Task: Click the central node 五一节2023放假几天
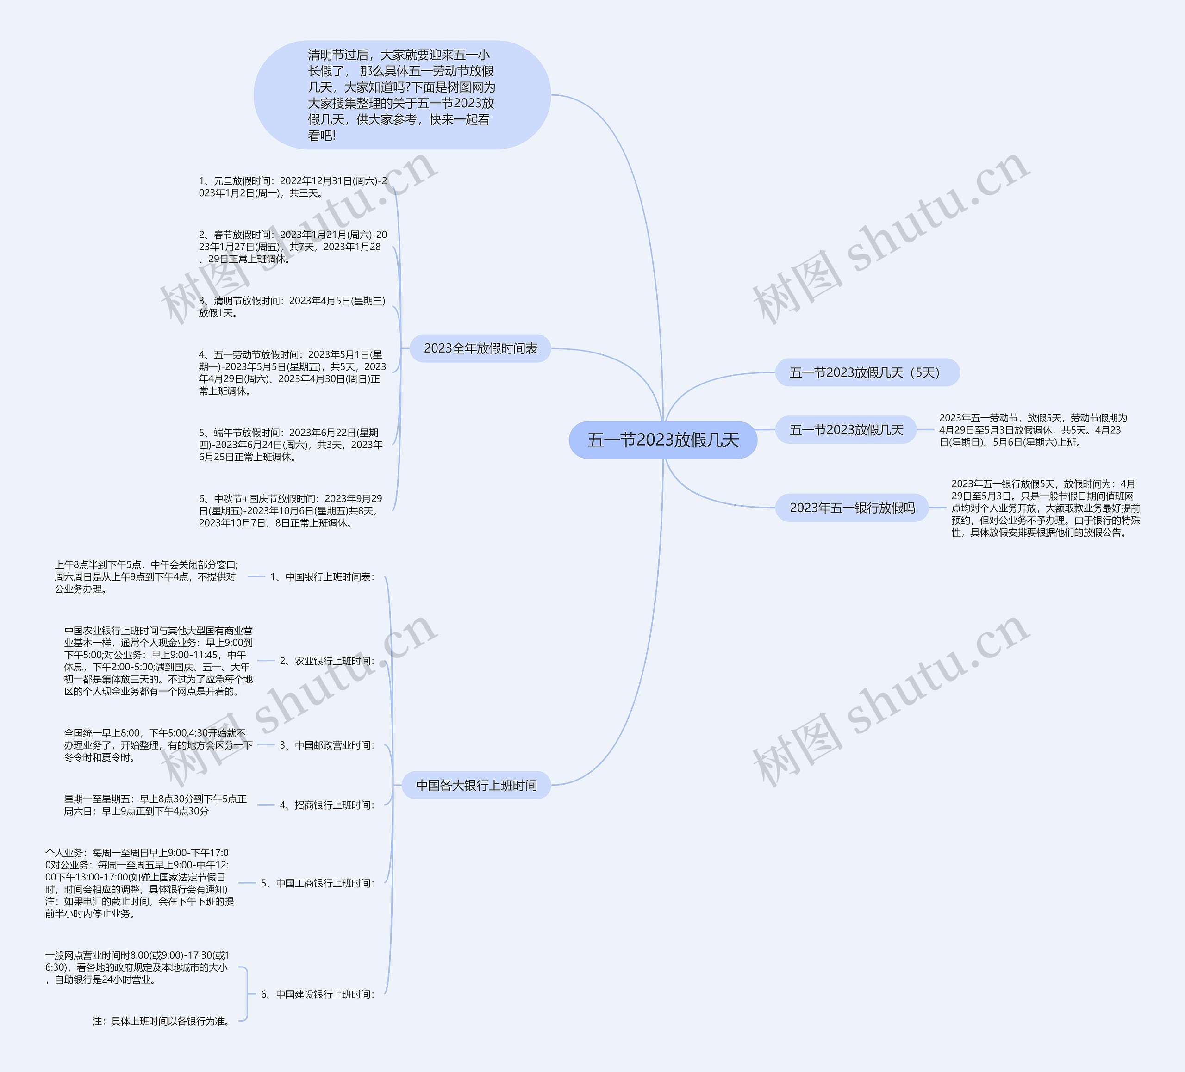[662, 440]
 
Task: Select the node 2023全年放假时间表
[480, 348]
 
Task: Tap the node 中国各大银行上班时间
[476, 785]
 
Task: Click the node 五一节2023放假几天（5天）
[867, 372]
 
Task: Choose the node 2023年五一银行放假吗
[852, 508]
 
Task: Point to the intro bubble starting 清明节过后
[402, 95]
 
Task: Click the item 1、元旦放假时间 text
[293, 187]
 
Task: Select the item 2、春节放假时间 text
[293, 247]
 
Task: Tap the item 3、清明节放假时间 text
[292, 307]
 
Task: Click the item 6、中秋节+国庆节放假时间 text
[290, 510]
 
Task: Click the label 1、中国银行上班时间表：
[322, 577]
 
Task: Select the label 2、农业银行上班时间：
[327, 661]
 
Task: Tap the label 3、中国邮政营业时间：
[327, 745]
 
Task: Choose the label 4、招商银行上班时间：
[327, 805]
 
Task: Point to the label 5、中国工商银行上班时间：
[318, 883]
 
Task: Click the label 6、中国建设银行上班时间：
[318, 994]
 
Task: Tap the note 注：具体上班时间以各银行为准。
[162, 1022]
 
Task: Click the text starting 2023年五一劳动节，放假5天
[1033, 430]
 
